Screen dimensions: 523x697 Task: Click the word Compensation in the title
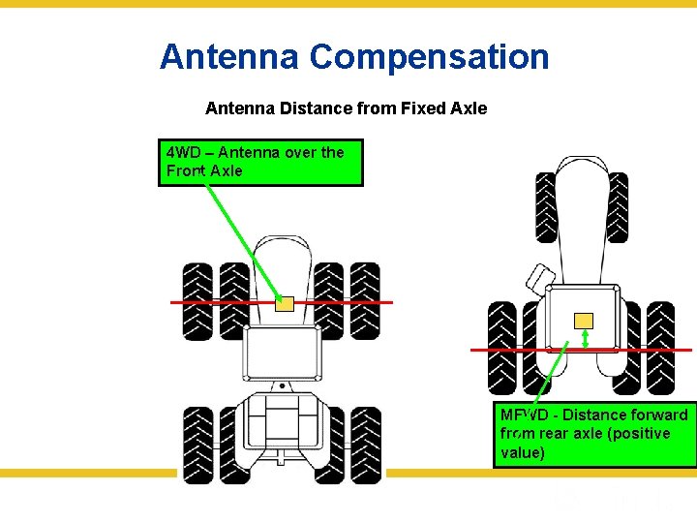[x=429, y=56]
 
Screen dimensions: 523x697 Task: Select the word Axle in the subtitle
[x=469, y=108]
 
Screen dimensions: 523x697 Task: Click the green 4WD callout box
[x=260, y=162]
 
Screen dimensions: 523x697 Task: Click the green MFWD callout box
[x=594, y=433]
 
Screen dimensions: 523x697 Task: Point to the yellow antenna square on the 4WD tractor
[x=285, y=303]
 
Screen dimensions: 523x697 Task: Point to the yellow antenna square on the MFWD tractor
[x=584, y=321]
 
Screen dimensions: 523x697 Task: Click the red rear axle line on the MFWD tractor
[x=503, y=349]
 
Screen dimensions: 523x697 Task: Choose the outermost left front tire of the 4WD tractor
[x=197, y=300]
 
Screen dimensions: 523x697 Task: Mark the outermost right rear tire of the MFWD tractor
[x=660, y=346]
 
